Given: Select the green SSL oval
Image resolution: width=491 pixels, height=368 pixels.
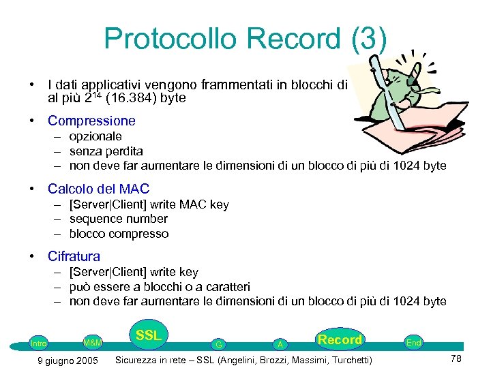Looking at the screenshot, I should coord(148,335).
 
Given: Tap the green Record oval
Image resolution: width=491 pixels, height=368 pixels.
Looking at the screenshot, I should coord(340,339).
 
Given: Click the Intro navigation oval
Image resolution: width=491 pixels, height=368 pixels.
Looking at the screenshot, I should coord(39,343).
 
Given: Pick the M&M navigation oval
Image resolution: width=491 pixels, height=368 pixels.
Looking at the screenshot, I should coord(92,341).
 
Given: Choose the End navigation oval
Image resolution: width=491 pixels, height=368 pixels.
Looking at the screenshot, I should coord(413,343).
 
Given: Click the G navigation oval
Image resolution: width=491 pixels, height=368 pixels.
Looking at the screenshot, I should coord(218,344).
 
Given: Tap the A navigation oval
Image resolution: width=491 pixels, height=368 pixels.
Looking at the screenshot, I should coord(280,344).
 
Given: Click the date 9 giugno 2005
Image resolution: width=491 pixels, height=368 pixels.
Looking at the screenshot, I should coord(68,360).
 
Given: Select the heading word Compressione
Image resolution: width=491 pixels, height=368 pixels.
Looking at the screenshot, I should coord(91,121).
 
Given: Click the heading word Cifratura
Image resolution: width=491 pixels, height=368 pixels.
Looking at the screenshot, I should coord(74,256).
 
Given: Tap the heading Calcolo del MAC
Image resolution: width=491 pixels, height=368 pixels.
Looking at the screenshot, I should coord(98,189).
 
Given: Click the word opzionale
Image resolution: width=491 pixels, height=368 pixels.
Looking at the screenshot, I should coord(96,136).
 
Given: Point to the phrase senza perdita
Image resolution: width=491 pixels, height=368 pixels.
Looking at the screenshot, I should coord(106,151).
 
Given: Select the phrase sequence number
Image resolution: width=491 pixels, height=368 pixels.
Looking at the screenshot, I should coord(118,219).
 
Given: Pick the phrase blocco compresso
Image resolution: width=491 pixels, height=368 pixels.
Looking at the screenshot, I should coord(119,234).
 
